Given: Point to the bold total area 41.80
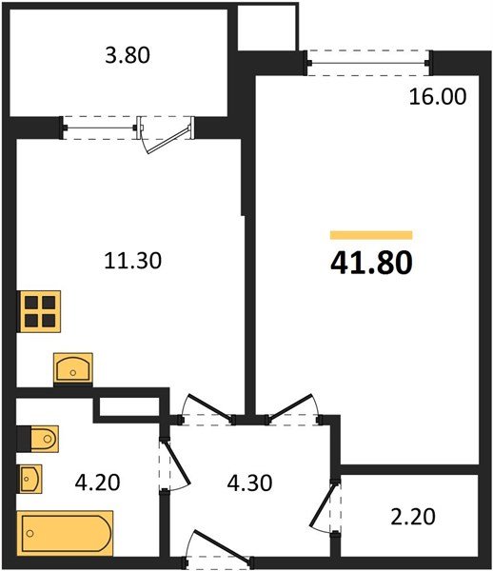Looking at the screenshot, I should (x=371, y=263).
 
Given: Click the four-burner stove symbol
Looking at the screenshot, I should (x=40, y=310).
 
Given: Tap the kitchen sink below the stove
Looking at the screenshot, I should (x=73, y=367).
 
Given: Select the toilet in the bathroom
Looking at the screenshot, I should (x=41, y=438).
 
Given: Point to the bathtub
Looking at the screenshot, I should (x=65, y=529).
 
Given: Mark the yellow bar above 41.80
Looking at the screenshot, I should (x=371, y=234).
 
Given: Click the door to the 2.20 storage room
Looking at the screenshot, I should (x=327, y=510).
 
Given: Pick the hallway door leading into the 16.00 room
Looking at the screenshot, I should (x=293, y=408).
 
